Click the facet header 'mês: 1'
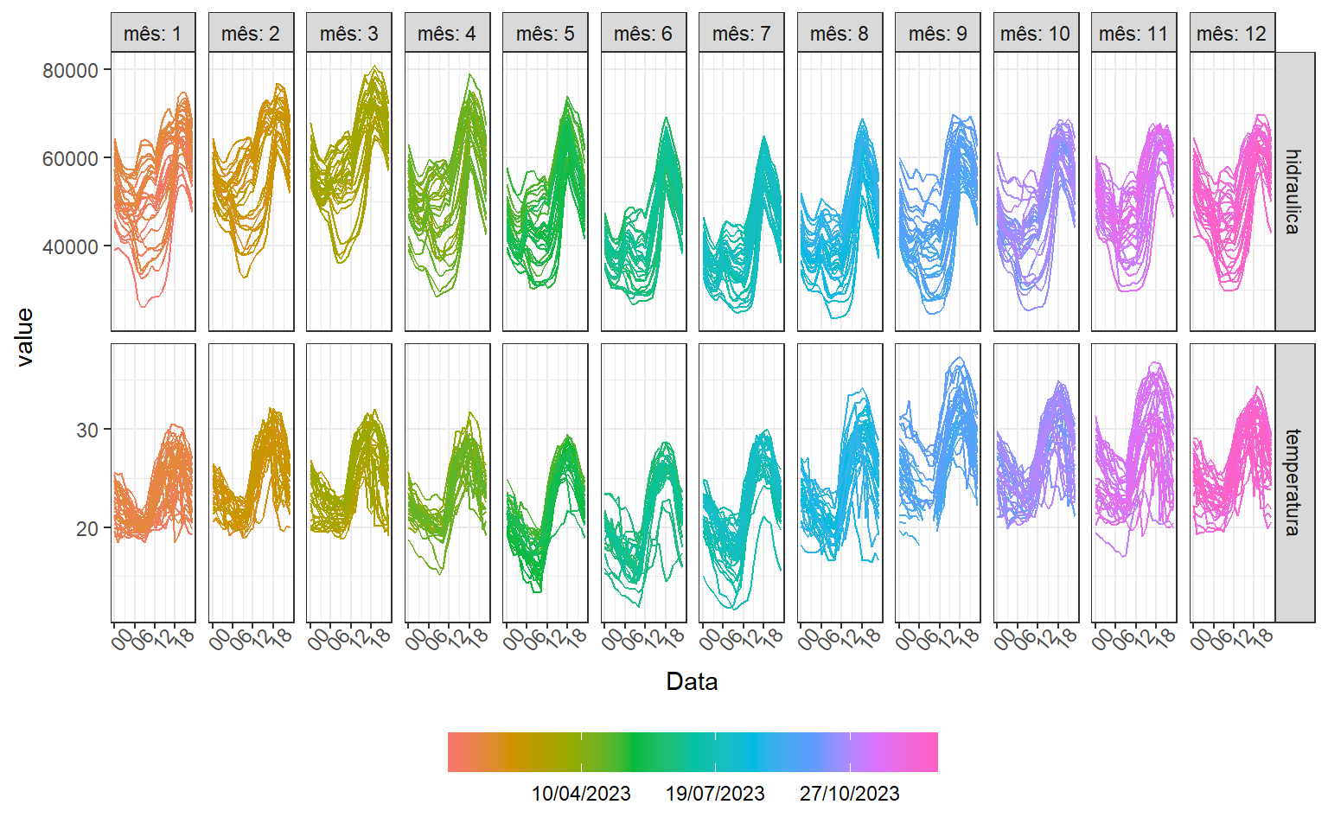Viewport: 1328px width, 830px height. point(153,34)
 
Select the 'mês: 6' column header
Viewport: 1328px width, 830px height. point(643,34)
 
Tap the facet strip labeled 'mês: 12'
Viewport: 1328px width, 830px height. point(1231,34)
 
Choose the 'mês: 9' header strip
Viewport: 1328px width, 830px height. point(937,34)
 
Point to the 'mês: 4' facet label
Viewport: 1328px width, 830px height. point(447,34)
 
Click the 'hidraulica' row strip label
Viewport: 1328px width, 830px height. point(1293,191)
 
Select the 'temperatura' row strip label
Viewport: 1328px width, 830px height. point(1293,482)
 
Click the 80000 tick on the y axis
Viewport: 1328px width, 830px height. point(71,70)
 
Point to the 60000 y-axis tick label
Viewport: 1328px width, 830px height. point(71,158)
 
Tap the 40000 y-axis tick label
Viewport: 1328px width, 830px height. point(71,247)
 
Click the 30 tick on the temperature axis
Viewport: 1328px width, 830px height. point(87,430)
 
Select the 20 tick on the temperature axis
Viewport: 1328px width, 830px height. point(87,528)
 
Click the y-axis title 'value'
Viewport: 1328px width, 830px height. point(25,337)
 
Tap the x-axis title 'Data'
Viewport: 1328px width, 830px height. point(692,682)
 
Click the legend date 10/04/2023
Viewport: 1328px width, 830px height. point(581,794)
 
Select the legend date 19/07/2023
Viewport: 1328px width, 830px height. point(715,794)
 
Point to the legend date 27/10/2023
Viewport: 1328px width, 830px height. point(849,794)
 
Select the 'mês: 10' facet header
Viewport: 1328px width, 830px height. point(1035,34)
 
